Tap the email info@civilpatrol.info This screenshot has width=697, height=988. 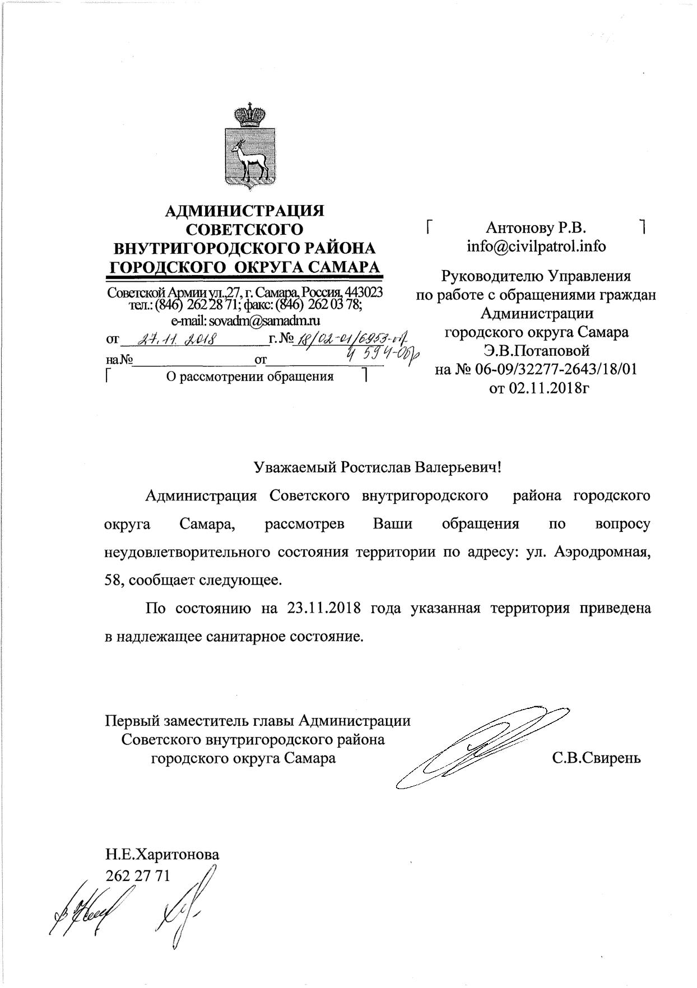tap(536, 247)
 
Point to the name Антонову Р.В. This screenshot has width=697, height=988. tap(536, 228)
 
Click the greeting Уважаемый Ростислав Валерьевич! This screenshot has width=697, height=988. tap(377, 467)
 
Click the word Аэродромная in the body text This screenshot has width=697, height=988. tap(602, 552)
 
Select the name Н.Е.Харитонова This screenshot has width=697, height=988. tap(162, 855)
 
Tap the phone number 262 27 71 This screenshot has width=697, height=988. tap(137, 875)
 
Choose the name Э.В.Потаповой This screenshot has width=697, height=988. tap(537, 351)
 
